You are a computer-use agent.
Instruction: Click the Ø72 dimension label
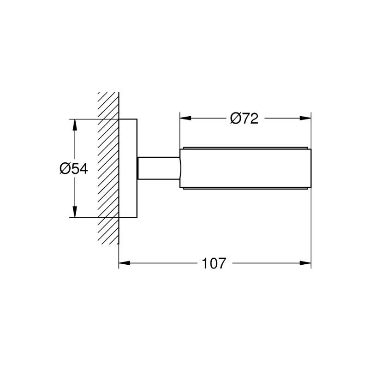click(x=244, y=119)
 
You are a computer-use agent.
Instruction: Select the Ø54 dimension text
click(x=74, y=168)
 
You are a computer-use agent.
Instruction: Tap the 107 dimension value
click(x=214, y=263)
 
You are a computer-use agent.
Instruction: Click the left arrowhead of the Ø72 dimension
click(x=185, y=118)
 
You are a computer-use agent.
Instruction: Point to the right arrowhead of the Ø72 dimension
click(x=306, y=118)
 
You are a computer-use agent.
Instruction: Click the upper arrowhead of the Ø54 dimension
click(x=75, y=125)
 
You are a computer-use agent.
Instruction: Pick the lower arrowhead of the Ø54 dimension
click(x=75, y=212)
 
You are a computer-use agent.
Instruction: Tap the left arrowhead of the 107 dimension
click(x=124, y=263)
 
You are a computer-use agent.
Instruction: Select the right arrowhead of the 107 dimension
click(x=305, y=263)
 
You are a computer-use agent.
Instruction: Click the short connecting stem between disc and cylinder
click(x=159, y=168)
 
